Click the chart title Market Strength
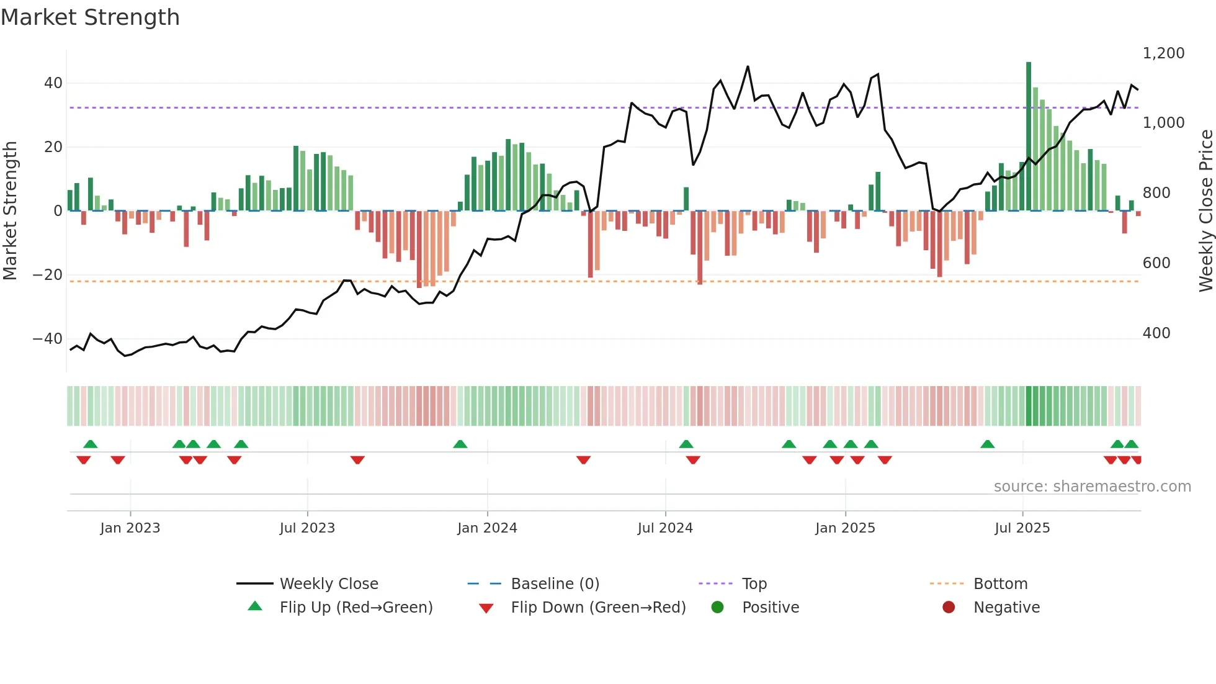pyautogui.click(x=90, y=17)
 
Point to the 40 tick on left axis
pyautogui.click(x=53, y=83)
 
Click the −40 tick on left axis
pyautogui.click(x=48, y=339)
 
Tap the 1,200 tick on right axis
pyautogui.click(x=1163, y=53)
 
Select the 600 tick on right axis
pyautogui.click(x=1156, y=263)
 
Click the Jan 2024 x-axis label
pyautogui.click(x=487, y=528)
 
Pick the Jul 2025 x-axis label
pyautogui.click(x=1022, y=528)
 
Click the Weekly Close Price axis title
pyautogui.click(x=1205, y=211)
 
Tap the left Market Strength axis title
pyautogui.click(x=11, y=211)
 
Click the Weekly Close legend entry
pyautogui.click(x=329, y=584)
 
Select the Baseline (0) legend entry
pyautogui.click(x=555, y=584)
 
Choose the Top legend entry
pyautogui.click(x=754, y=584)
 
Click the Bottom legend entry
pyautogui.click(x=1000, y=584)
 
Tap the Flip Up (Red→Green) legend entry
pyautogui.click(x=356, y=608)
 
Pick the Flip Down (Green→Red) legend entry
pyautogui.click(x=598, y=608)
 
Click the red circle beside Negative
pyautogui.click(x=949, y=608)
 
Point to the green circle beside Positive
pyautogui.click(x=718, y=608)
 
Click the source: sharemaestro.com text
pyautogui.click(x=1092, y=487)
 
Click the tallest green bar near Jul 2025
pyautogui.click(x=1029, y=137)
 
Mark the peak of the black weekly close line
pyautogui.click(x=748, y=66)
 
